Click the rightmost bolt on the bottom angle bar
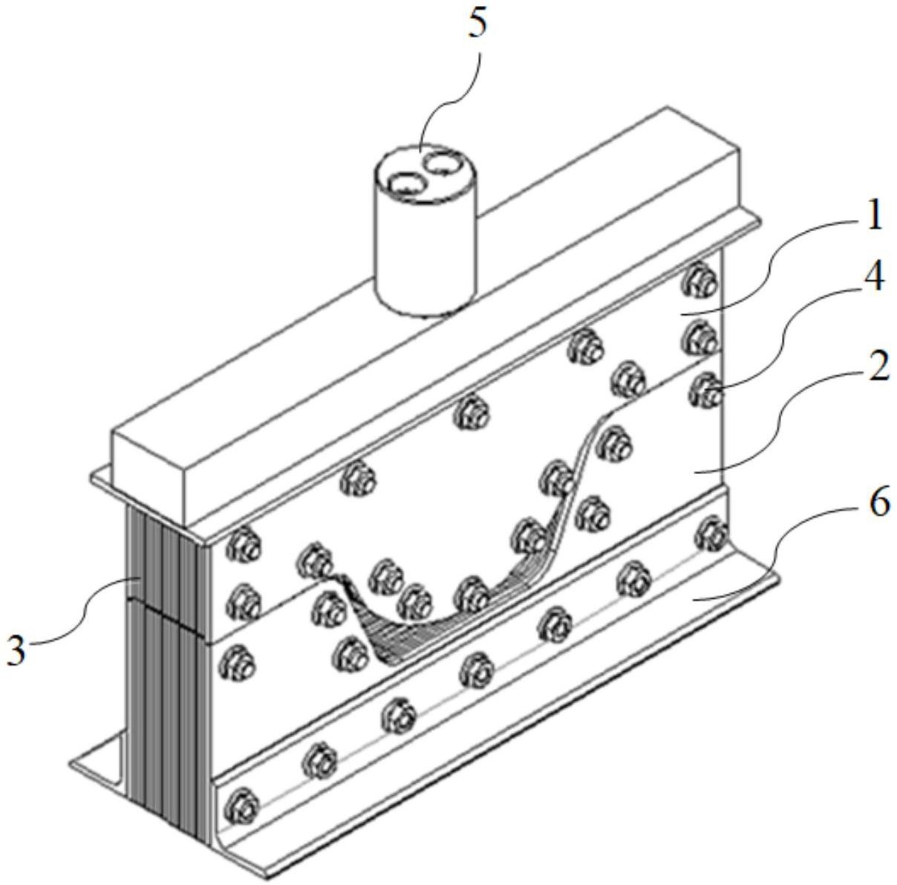click(x=712, y=531)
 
